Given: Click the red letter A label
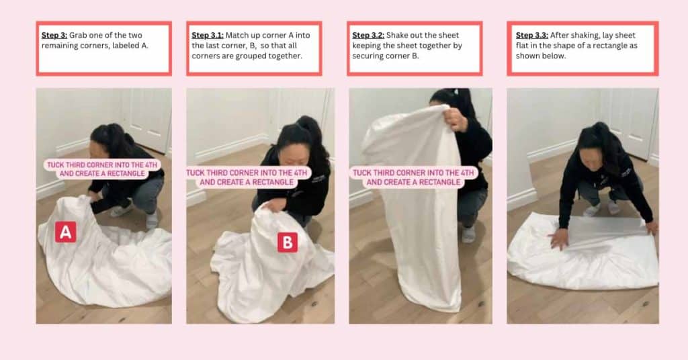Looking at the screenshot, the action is [65, 232].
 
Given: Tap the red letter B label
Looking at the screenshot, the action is [288, 242].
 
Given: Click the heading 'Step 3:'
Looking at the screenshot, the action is [54, 35].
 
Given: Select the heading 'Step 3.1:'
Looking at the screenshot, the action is [208, 35].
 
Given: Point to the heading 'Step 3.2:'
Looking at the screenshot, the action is [368, 35].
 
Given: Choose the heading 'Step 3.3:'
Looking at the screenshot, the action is [532, 35].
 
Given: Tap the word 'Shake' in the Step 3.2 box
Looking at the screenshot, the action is [397, 35].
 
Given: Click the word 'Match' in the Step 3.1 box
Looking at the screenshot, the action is [236, 35].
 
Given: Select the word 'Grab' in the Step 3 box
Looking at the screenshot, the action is [78, 35].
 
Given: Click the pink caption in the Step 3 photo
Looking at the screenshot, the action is [102, 169].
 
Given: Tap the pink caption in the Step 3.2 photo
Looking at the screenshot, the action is [413, 177].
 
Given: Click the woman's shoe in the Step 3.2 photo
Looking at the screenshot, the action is [468, 234].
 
